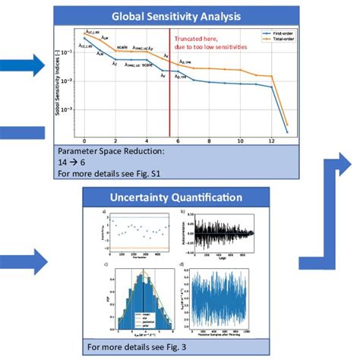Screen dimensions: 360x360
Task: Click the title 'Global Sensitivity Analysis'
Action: pyautogui.click(x=175, y=16)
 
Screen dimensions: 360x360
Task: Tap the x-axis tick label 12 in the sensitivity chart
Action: pyautogui.click(x=272, y=141)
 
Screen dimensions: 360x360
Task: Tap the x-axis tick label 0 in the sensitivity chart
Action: pyautogui.click(x=84, y=141)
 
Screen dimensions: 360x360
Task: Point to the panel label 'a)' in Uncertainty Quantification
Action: pyautogui.click(x=93, y=210)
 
